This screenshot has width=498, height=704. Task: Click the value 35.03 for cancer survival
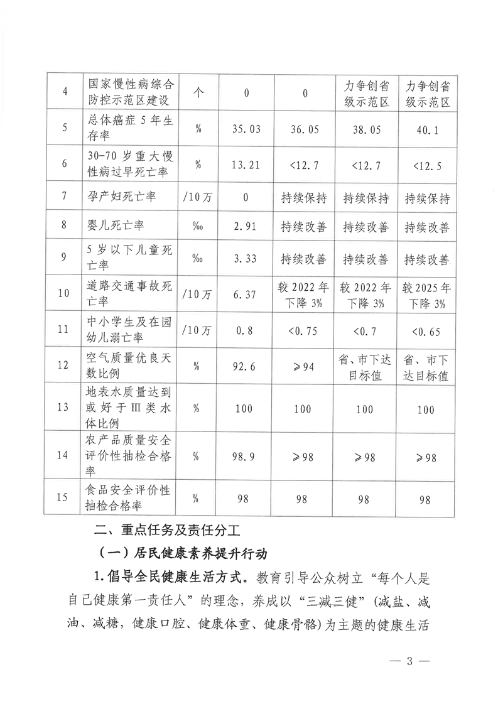(x=246, y=130)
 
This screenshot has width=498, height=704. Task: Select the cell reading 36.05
(x=305, y=130)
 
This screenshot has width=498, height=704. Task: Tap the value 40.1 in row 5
(x=427, y=130)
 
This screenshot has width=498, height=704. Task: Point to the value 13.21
(x=246, y=165)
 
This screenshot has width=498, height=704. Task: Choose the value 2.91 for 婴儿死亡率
(x=246, y=227)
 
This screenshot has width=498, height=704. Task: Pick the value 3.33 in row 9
(x=246, y=259)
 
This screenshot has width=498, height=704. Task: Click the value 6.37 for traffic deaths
(x=246, y=295)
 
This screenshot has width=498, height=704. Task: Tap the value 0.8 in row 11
(x=246, y=328)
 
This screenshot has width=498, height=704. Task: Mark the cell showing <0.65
(x=427, y=328)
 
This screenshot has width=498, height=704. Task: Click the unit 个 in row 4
(x=198, y=93)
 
